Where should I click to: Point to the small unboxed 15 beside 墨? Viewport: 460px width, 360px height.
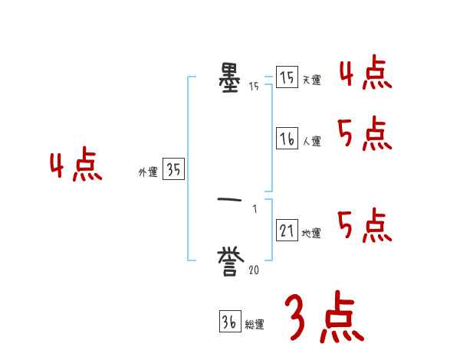254,86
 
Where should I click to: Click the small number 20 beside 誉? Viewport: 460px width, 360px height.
254,270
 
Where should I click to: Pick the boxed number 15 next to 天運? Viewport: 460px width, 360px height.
287,77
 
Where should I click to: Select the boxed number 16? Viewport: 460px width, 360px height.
287,139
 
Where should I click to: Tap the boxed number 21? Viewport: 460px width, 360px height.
287,231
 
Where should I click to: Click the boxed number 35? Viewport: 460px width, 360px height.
173,171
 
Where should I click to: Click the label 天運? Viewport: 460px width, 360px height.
310,80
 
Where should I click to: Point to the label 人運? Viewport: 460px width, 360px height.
310,141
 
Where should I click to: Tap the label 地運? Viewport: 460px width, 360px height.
310,233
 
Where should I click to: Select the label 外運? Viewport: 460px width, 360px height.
148,173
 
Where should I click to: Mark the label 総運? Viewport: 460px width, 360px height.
254,324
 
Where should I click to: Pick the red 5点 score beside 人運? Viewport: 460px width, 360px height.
365,135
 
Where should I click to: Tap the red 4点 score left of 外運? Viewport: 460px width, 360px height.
76,166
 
